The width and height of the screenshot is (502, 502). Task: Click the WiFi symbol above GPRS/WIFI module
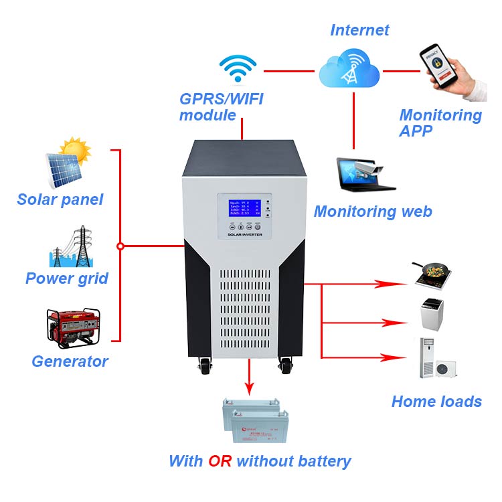coord(238,70)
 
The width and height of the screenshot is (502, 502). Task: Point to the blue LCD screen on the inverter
coord(242,209)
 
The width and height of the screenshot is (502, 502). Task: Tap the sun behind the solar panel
coord(75,151)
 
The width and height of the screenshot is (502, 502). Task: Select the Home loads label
coord(436,402)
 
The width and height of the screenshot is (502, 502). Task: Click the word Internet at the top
coord(359,30)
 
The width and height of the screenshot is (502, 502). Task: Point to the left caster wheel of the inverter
coord(203,366)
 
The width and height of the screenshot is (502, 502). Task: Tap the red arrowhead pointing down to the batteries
coord(250,388)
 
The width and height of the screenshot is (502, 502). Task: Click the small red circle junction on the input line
coord(120,246)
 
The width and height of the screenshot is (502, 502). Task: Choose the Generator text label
coord(70,361)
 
